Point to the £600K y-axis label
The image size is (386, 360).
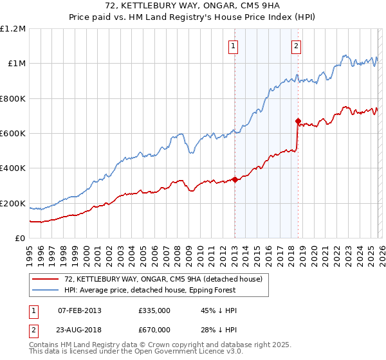coord(13,134)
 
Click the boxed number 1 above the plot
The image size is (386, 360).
coord(232,46)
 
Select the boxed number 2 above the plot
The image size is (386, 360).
coord(296,46)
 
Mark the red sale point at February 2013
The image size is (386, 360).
coord(235,180)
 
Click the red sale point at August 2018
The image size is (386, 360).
coord(298,121)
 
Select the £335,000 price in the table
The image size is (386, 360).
coord(154,310)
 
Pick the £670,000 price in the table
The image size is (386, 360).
coord(154,329)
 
